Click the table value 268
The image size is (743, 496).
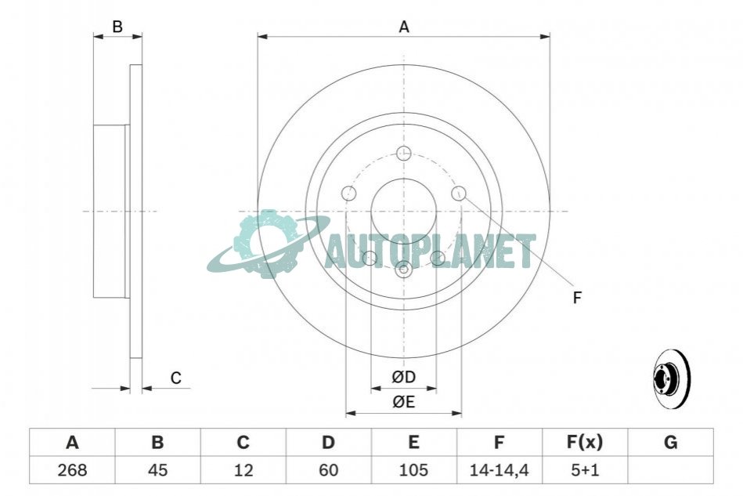coord(72,470)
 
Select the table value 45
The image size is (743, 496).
coord(158,470)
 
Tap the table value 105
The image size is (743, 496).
coord(413,470)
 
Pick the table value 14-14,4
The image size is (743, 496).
coord(499,470)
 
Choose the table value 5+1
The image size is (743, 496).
coord(585,470)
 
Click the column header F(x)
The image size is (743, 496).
coord(585,442)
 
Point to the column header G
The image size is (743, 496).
coord(670,442)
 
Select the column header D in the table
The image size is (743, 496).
coord(328,442)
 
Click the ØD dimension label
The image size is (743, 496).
coord(404,377)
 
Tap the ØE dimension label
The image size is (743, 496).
coord(404,402)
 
